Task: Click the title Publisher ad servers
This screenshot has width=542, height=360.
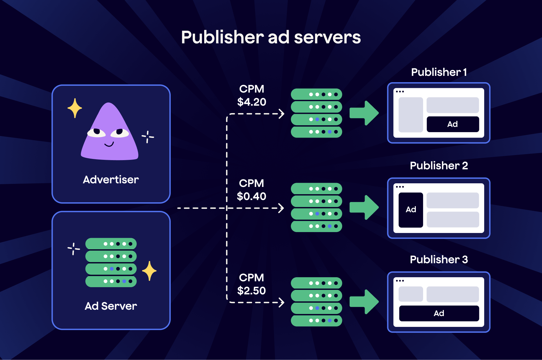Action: pyautogui.click(x=271, y=37)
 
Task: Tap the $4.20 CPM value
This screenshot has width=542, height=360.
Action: pyautogui.click(x=252, y=102)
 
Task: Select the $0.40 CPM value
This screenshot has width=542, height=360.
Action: pyautogui.click(x=251, y=196)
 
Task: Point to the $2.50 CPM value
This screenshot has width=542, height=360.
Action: pyautogui.click(x=251, y=290)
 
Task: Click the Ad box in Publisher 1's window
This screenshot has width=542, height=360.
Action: pyautogui.click(x=453, y=124)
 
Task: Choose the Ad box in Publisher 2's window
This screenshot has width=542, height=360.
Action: pyautogui.click(x=411, y=210)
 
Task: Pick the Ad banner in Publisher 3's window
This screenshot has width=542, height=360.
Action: pyautogui.click(x=439, y=313)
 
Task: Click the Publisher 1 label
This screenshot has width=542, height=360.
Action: pyautogui.click(x=439, y=72)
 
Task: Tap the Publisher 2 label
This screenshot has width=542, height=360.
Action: pyautogui.click(x=439, y=166)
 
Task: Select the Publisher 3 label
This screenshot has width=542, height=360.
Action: pyautogui.click(x=439, y=259)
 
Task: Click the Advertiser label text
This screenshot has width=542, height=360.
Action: pyautogui.click(x=111, y=180)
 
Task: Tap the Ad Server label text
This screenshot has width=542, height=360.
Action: pyautogui.click(x=111, y=306)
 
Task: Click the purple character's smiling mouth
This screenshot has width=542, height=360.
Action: pyautogui.click(x=109, y=144)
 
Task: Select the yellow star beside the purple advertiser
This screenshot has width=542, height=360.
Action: pyautogui.click(x=75, y=108)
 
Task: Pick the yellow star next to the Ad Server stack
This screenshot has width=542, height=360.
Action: pyautogui.click(x=149, y=271)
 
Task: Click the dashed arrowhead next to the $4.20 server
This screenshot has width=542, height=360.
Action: pyautogui.click(x=282, y=114)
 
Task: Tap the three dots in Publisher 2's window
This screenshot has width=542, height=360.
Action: pyautogui.click(x=400, y=187)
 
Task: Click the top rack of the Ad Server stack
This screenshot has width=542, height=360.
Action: pyautogui.click(x=111, y=244)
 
